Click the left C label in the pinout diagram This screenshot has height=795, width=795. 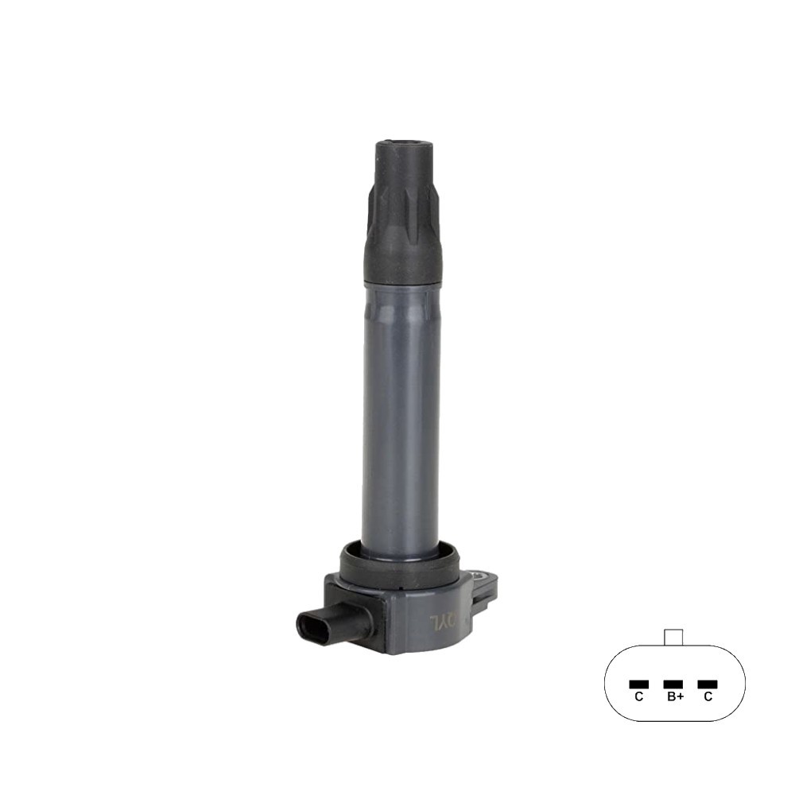638,696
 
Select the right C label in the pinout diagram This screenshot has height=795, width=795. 707,696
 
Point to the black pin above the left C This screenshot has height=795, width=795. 638,684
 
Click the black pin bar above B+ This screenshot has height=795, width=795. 673,684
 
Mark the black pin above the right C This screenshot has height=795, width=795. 707,684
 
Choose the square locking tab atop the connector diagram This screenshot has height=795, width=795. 673,637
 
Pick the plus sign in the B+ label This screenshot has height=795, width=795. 681,696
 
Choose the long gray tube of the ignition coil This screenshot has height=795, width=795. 401,413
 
